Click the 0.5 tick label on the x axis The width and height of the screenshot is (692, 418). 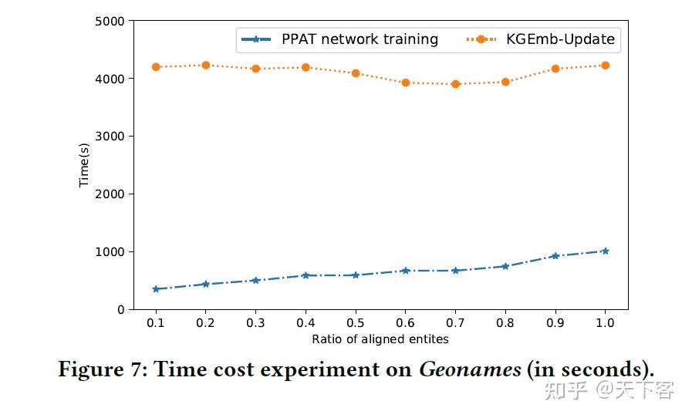(x=355, y=322)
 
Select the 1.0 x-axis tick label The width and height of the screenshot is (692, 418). (x=605, y=322)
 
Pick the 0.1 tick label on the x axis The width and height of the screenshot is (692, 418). (x=155, y=322)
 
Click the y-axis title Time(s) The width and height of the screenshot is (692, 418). (x=85, y=165)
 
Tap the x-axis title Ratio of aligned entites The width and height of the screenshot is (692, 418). (x=380, y=339)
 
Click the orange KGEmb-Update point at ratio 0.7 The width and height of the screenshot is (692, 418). (x=455, y=84)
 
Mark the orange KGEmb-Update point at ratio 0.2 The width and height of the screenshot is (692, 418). (x=205, y=66)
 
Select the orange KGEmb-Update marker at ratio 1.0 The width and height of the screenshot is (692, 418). (x=605, y=66)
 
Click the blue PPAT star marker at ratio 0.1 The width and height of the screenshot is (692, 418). (x=155, y=289)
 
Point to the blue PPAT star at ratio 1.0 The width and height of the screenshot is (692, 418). (x=605, y=251)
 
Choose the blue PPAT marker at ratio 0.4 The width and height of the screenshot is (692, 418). (x=305, y=275)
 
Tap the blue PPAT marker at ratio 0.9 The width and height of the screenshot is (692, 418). (x=555, y=256)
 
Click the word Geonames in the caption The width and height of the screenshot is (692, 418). (x=469, y=369)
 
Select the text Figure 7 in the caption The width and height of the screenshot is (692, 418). (x=99, y=369)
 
